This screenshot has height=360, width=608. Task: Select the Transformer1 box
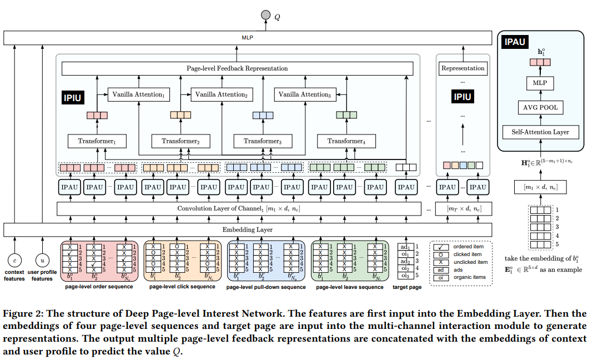pyautogui.click(x=97, y=141)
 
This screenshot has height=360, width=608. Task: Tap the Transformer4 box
pyautogui.click(x=345, y=141)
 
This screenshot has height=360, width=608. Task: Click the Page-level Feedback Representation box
pyautogui.click(x=237, y=68)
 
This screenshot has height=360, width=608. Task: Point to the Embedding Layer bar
pyautogui.click(x=248, y=229)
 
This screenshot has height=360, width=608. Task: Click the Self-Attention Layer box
pyautogui.click(x=540, y=132)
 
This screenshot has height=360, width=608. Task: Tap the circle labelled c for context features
pyautogui.click(x=14, y=259)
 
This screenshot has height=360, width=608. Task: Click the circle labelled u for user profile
pyautogui.click(x=42, y=259)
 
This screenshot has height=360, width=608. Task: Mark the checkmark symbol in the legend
pyautogui.click(x=441, y=246)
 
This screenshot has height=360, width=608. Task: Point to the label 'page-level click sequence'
pyautogui.click(x=182, y=287)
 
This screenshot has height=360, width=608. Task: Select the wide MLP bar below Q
pyautogui.click(x=248, y=38)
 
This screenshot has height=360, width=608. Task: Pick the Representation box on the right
pyautogui.click(x=463, y=68)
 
